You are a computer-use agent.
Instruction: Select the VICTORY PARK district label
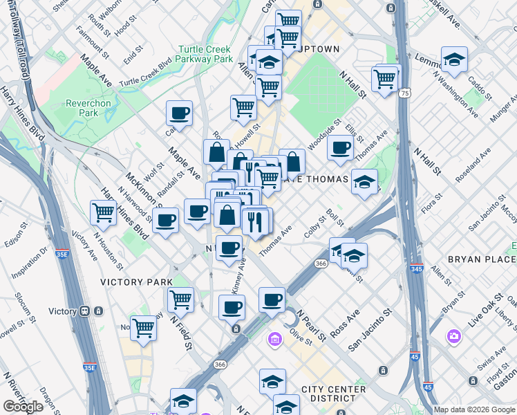(137, 282)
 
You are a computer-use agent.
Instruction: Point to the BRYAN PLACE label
(482, 259)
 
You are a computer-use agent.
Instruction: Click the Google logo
(23, 407)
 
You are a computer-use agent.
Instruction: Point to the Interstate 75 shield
(404, 92)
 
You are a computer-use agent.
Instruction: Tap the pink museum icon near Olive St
(274, 340)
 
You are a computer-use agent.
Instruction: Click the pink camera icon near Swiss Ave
(454, 336)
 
